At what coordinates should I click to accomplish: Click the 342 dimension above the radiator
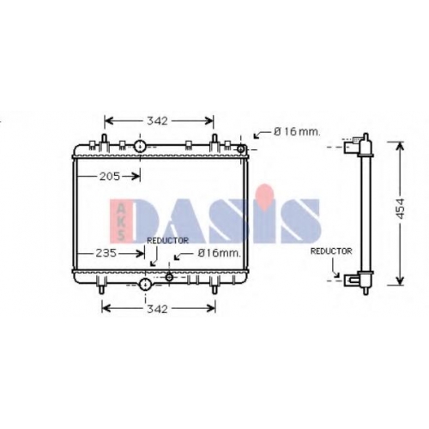[157, 121]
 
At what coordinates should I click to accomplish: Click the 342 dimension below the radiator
[157, 309]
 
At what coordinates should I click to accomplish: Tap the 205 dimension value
[110, 177]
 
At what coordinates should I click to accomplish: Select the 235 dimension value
[106, 253]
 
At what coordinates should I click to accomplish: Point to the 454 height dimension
[401, 208]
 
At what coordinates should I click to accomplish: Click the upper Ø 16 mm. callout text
[297, 131]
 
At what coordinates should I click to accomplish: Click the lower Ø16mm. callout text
[220, 253]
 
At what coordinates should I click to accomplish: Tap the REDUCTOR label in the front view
[167, 241]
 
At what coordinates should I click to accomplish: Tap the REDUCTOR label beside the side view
[331, 251]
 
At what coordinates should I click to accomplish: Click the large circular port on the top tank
[140, 146]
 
